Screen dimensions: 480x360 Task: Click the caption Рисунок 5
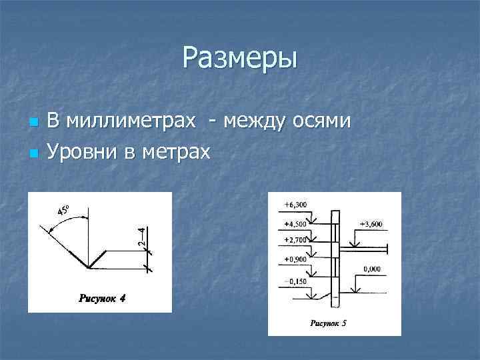(329, 324)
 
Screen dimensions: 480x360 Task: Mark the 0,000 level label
(372, 269)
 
